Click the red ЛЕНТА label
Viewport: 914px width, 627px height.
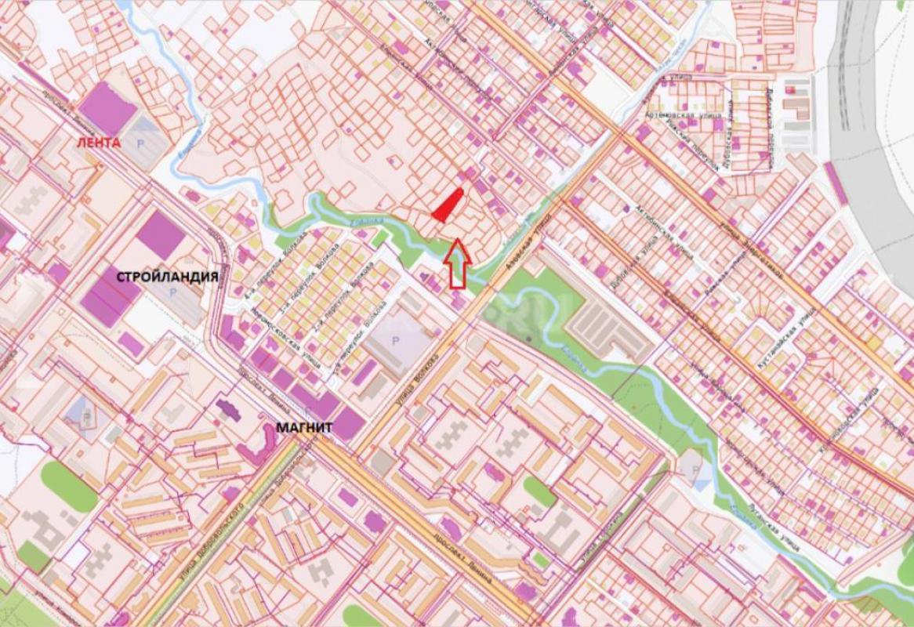tap(98, 143)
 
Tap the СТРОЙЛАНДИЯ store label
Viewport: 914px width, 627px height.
tap(167, 277)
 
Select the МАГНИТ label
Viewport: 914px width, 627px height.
tap(305, 428)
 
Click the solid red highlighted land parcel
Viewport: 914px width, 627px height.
tap(447, 206)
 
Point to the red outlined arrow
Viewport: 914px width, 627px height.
tap(456, 266)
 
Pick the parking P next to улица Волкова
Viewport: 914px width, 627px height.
tap(394, 341)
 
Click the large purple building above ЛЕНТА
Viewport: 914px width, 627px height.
tap(108, 108)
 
